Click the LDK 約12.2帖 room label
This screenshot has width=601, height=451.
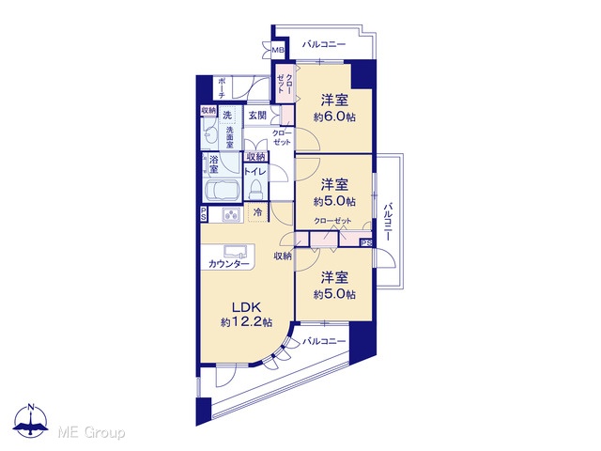click(246, 314)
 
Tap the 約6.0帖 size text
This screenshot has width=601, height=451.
click(334, 117)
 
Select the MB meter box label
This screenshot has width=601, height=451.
click(278, 50)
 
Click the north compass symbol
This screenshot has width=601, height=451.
click(31, 421)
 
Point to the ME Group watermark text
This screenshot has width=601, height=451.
click(91, 433)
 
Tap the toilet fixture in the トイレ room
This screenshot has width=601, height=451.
click(254, 190)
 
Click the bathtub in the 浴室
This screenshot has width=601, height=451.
click(223, 190)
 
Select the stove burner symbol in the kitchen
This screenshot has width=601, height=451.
click(232, 215)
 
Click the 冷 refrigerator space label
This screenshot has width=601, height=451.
click(258, 212)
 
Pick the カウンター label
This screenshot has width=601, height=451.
click(229, 264)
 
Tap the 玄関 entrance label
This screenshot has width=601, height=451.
click(257, 115)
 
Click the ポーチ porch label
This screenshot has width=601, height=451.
click(222, 87)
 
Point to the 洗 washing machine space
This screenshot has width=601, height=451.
click(227, 115)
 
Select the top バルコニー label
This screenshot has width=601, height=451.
click(324, 44)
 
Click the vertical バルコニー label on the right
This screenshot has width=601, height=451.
click(388, 222)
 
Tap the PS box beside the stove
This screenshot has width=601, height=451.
click(204, 214)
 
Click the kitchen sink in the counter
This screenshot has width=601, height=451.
click(235, 251)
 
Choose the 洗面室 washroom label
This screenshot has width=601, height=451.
click(229, 137)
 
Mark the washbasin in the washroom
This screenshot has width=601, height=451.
click(209, 134)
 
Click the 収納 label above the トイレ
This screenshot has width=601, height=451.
click(256, 157)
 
